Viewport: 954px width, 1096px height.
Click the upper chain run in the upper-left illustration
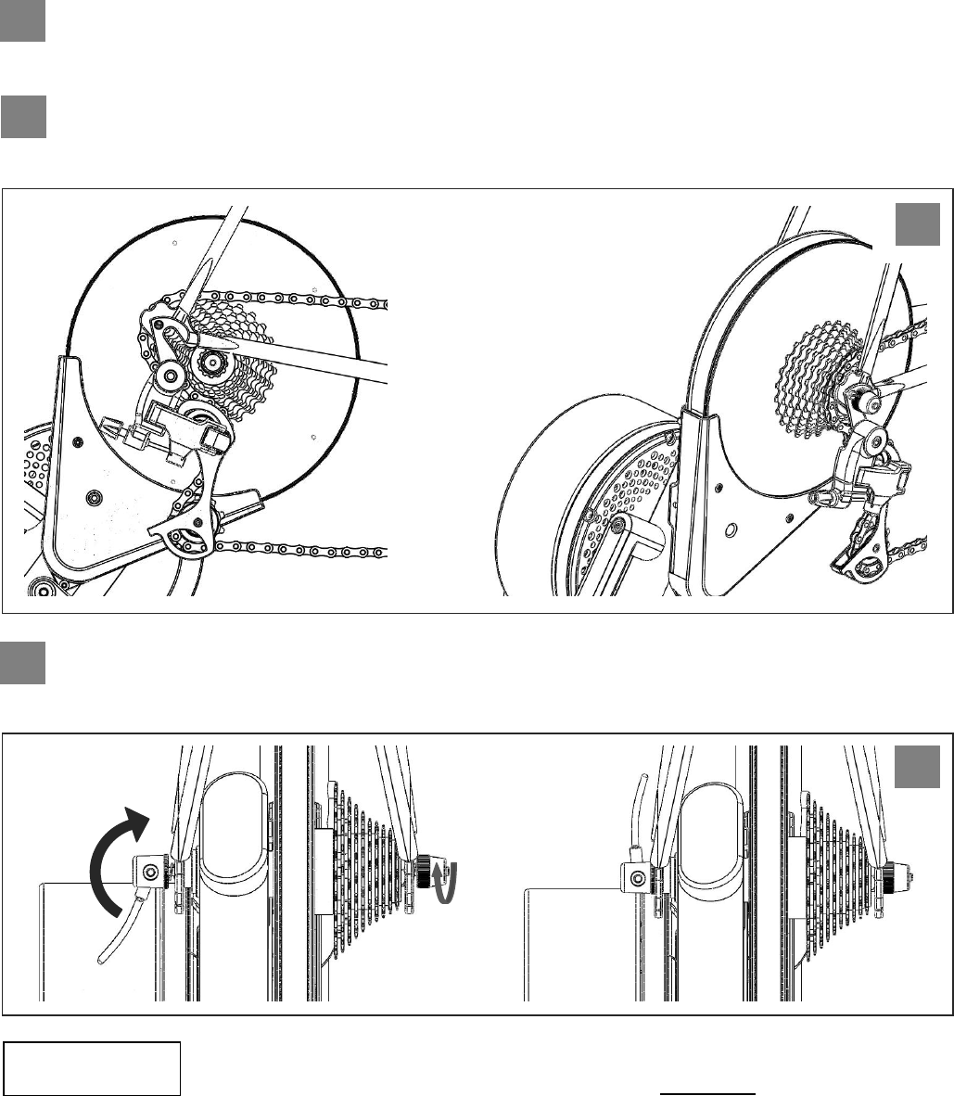pyautogui.click(x=306, y=300)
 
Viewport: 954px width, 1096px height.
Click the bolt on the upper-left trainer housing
pyautogui.click(x=92, y=498)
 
